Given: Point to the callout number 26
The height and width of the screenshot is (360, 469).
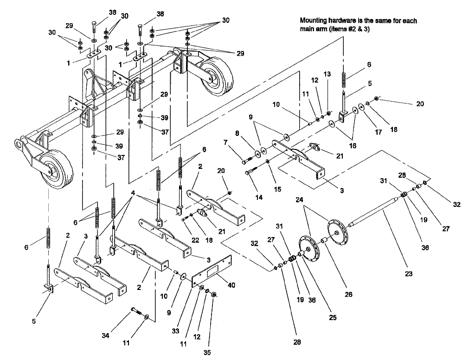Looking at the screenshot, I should (348, 294).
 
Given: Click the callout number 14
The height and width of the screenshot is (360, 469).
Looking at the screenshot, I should (258, 197).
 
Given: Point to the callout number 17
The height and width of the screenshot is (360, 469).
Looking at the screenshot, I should (378, 132).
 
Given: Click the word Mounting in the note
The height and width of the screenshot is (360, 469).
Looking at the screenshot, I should (315, 20).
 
